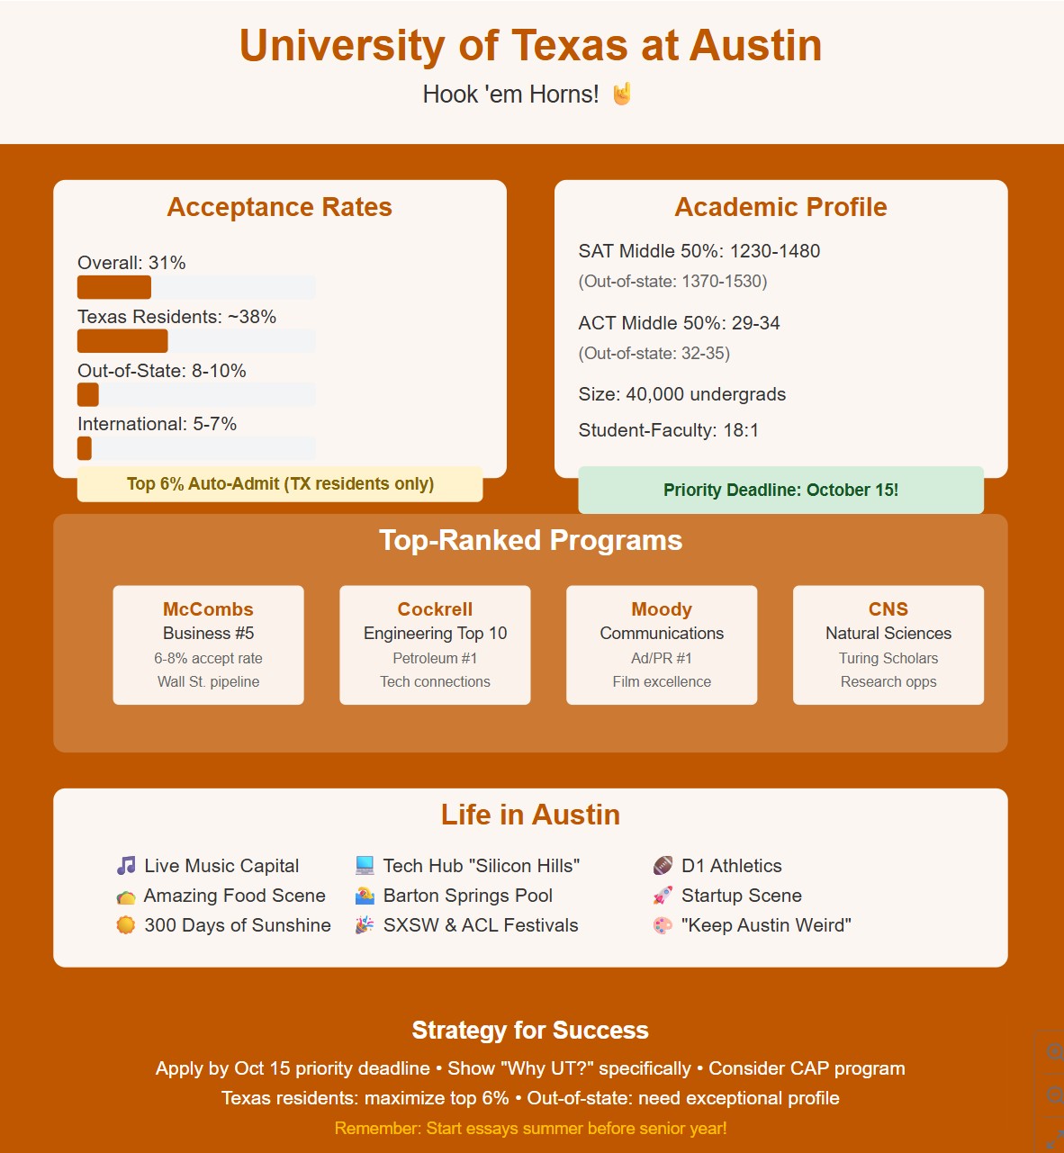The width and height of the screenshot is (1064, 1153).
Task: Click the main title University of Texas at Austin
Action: click(530, 46)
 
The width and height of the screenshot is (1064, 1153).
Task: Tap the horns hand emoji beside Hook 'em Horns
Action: click(622, 95)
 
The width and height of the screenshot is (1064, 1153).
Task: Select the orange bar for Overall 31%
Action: click(114, 288)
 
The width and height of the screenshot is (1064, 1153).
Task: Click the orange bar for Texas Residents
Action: click(122, 341)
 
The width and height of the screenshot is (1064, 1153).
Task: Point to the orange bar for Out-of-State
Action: click(88, 395)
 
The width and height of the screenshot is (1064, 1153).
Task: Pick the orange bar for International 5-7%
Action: click(85, 448)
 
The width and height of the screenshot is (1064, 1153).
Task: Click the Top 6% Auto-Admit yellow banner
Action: click(280, 484)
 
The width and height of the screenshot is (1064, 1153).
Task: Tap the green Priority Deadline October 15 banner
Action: click(780, 491)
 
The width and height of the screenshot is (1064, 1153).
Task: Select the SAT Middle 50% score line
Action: click(699, 251)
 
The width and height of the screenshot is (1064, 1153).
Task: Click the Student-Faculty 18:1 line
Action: click(668, 430)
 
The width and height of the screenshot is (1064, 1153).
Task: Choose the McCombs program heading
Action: click(208, 609)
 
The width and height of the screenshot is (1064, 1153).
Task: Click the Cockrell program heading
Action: click(435, 609)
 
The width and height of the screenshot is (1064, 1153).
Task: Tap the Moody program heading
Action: click(662, 609)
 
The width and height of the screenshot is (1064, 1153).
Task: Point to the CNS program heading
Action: click(888, 609)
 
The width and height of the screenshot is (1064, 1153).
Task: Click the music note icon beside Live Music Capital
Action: click(126, 866)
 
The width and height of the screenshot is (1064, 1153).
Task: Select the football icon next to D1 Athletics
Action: click(663, 866)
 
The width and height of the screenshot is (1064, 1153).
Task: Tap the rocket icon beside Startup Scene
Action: click(663, 896)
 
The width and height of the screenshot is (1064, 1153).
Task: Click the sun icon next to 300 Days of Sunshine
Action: click(126, 925)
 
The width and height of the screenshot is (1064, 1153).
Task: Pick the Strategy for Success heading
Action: click(530, 1031)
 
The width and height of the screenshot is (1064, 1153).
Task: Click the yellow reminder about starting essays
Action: click(530, 1129)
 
